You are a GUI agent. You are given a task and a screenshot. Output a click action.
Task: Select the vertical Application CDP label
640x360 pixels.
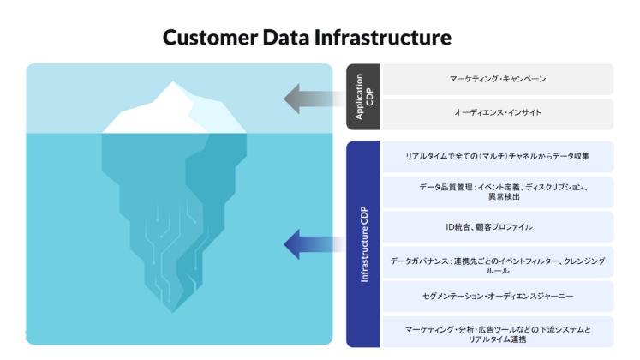pyautogui.click(x=363, y=97)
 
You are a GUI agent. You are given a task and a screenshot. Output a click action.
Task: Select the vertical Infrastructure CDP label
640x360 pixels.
pyautogui.click(x=363, y=244)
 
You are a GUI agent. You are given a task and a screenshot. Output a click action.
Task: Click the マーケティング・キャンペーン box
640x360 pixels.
pyautogui.click(x=497, y=79)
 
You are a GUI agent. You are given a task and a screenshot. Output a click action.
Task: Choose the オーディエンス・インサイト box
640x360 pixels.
pyautogui.click(x=497, y=113)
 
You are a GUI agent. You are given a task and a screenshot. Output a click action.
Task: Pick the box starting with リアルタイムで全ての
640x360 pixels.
pyautogui.click(x=497, y=157)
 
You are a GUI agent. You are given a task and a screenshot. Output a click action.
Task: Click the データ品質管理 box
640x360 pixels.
pyautogui.click(x=497, y=191)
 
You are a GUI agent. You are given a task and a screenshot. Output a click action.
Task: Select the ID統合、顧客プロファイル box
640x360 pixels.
pyautogui.click(x=497, y=227)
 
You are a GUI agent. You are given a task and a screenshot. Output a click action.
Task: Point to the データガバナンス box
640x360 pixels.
pyautogui.click(x=497, y=264)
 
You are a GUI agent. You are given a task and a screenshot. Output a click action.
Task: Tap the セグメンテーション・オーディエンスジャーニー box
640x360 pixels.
pyautogui.click(x=497, y=297)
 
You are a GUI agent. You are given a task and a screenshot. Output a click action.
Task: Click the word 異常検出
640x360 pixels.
pyautogui.click(x=497, y=197)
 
